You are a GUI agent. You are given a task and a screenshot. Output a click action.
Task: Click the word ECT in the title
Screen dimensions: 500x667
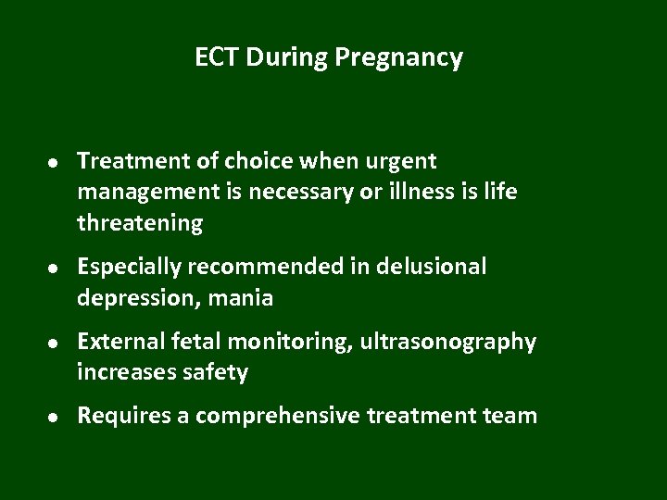(214, 58)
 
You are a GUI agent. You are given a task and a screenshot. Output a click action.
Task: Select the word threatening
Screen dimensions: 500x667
(140, 223)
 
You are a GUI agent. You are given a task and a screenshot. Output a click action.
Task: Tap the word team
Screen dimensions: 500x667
(509, 416)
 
